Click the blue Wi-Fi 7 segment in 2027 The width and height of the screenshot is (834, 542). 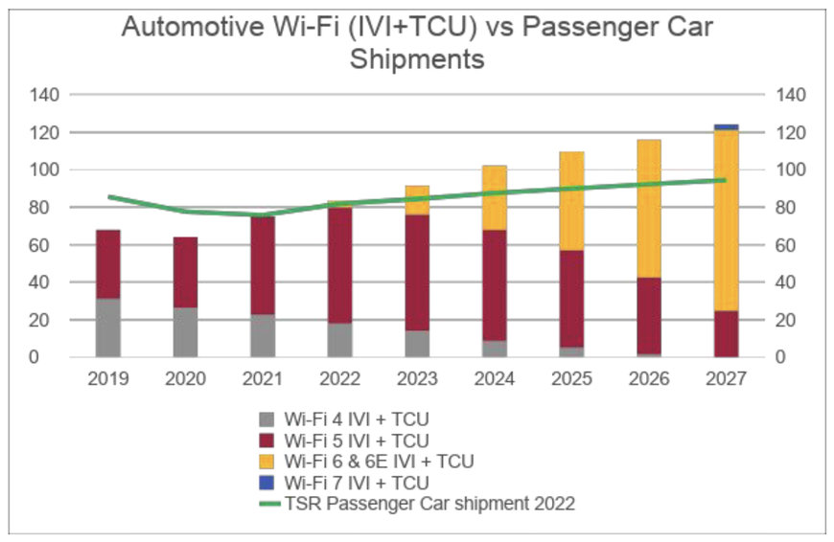[726, 127]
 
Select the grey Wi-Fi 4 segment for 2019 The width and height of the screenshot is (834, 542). [108, 327]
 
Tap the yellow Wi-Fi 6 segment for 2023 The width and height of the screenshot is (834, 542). [417, 200]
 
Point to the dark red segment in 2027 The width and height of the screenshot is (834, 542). [726, 333]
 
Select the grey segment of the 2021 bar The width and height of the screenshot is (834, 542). [263, 335]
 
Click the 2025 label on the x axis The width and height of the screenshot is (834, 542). [571, 378]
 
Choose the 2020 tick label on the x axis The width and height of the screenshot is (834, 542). [185, 378]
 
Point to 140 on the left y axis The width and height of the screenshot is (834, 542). [46, 95]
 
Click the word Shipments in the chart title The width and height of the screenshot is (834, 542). [417, 59]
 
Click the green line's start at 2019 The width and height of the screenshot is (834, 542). [108, 197]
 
